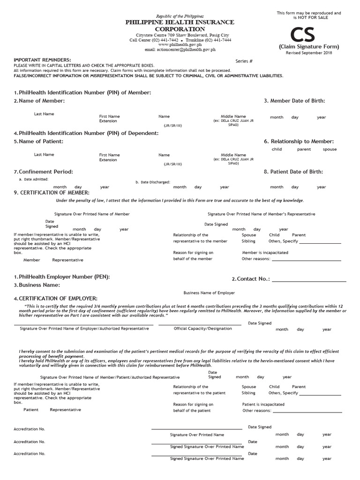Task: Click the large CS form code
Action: pos(308,34)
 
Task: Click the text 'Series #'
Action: pos(244,61)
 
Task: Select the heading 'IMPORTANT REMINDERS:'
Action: pos(42,60)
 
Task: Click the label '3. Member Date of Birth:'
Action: pos(294,101)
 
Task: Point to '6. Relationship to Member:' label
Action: pos(299,141)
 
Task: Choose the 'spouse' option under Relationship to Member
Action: pos(330,150)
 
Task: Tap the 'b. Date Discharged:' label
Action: pos(152,182)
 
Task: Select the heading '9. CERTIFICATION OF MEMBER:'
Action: pos(52,193)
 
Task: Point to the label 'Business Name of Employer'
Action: pos(209,293)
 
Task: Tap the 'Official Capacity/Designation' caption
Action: pos(202,329)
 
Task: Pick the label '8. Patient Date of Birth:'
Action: pos(293,172)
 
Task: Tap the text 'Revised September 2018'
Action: pos(308,53)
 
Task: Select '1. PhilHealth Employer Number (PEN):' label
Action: pos(61,277)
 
